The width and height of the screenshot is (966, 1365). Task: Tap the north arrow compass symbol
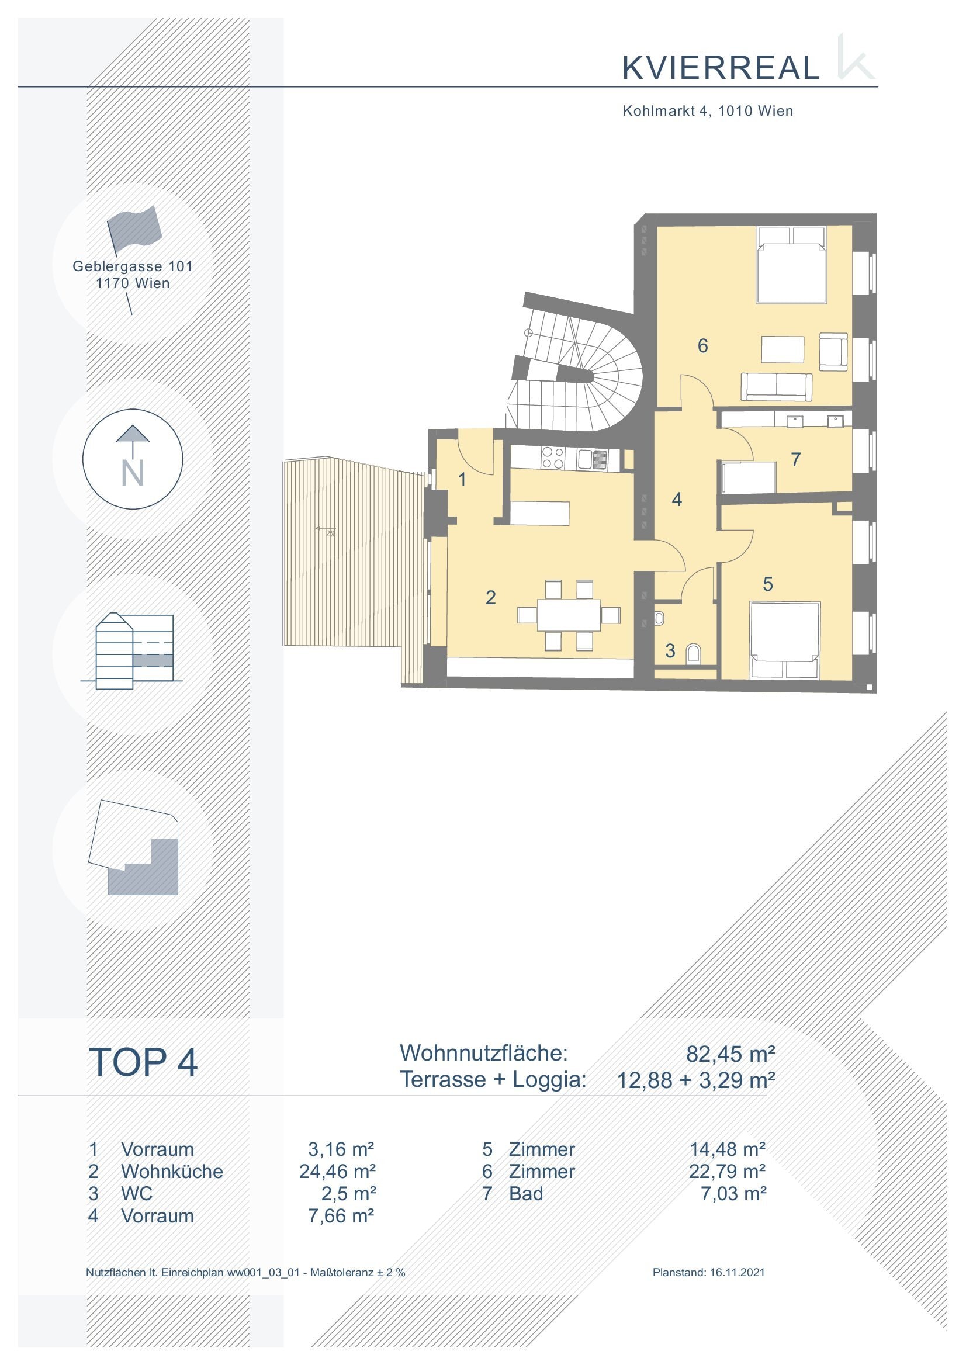coord(133,459)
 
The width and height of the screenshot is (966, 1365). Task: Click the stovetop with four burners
coord(553,458)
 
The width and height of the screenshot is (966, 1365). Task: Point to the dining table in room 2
coord(569,614)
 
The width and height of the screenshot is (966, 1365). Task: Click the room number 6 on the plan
coord(702,345)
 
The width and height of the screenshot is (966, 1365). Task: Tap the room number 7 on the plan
coord(795,459)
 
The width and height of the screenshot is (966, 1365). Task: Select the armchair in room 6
coord(833,352)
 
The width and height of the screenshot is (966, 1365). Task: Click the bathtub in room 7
coord(748,477)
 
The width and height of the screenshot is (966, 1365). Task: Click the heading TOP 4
coord(143,1062)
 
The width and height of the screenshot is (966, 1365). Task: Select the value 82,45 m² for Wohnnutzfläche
coord(730,1054)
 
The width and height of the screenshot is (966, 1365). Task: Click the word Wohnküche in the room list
coord(172,1171)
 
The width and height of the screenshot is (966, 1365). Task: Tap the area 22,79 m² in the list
coord(727,1171)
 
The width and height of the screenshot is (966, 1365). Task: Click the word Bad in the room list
coord(526,1194)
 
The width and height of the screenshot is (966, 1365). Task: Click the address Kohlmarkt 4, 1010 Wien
coord(708,110)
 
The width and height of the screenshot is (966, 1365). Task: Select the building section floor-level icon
coord(132,651)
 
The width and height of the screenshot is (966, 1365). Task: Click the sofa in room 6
coord(776,387)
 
